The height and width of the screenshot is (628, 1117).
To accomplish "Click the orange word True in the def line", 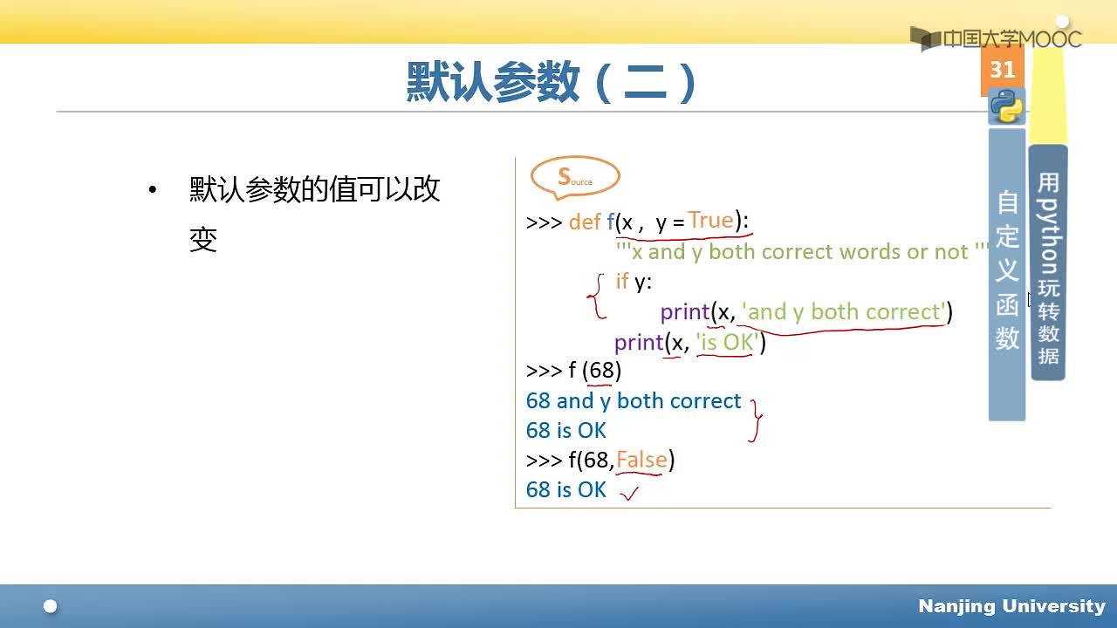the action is click(711, 221).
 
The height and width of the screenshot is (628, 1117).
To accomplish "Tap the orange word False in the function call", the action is click(641, 460).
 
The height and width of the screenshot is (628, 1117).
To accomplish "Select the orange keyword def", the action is click(585, 222).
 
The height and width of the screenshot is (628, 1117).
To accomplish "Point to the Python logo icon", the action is click(1007, 106).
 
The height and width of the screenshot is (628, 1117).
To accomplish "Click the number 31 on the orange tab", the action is click(1003, 70).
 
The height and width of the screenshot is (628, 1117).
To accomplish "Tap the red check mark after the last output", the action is click(629, 493).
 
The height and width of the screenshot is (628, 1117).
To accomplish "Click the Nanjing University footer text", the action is click(1011, 606).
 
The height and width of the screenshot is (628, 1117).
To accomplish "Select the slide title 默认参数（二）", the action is click(551, 82).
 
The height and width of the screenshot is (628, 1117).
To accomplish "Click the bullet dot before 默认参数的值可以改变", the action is click(153, 189).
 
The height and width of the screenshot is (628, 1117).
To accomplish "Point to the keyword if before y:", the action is click(622, 281).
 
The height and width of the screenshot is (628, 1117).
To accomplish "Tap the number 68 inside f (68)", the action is click(601, 371).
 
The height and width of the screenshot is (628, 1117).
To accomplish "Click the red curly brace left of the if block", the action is click(596, 296).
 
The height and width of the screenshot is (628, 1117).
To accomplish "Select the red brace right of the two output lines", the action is click(756, 420).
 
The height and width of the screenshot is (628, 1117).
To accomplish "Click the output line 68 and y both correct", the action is click(634, 401).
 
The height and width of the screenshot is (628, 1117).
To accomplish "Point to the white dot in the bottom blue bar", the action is click(51, 606).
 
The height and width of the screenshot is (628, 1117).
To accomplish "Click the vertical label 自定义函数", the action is click(1007, 270).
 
